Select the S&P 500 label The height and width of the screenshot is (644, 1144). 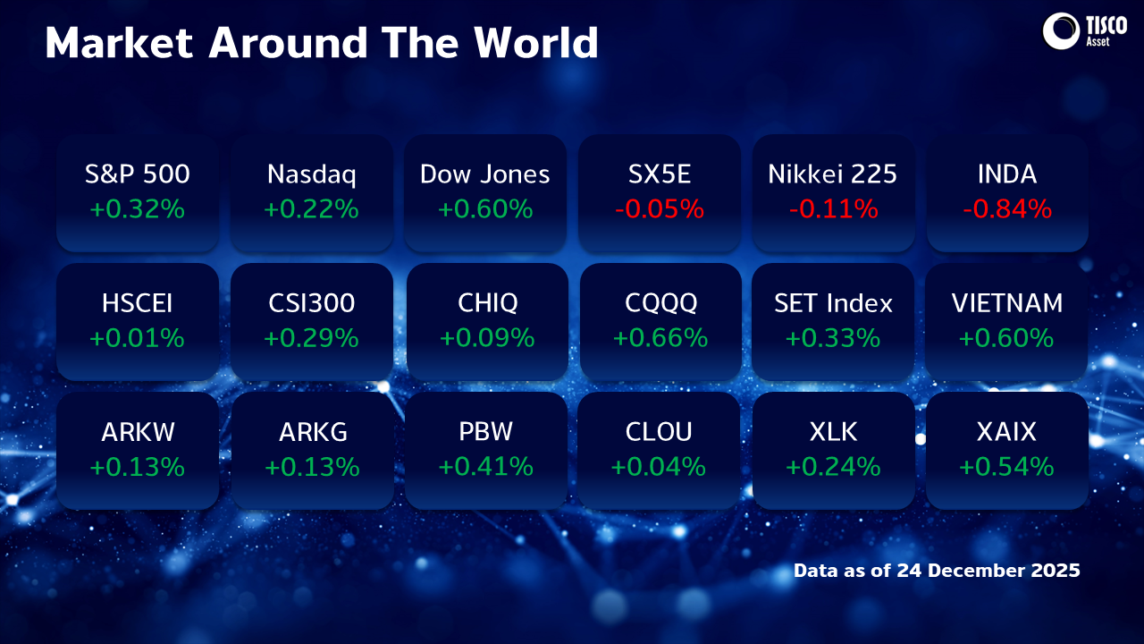138,174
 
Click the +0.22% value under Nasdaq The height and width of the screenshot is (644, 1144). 311,209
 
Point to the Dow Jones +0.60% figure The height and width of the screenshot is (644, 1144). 485,209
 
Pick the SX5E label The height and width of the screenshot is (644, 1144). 659,174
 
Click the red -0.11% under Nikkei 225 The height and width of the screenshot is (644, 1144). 833,209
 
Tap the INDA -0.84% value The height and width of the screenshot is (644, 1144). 1007,209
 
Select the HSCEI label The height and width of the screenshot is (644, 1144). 138,303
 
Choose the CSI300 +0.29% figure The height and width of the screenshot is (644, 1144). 311,338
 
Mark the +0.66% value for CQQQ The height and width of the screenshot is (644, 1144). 660,338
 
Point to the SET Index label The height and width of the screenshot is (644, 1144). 833,303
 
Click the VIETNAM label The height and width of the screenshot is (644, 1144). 1007,303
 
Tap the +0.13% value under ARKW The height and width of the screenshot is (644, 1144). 138,467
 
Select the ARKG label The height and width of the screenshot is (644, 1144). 312,432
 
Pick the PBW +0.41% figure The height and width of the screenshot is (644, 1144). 485,467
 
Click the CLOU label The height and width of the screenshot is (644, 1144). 659,432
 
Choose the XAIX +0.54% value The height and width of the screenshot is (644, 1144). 1006,467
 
